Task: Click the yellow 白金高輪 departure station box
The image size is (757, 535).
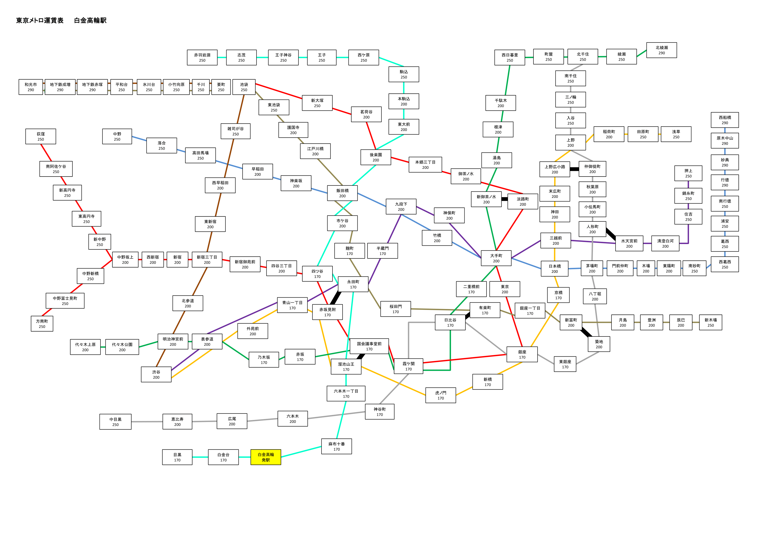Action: (x=266, y=457)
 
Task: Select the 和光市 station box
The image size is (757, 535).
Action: (x=31, y=87)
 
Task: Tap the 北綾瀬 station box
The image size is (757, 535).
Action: (x=661, y=50)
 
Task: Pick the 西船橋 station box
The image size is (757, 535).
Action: (x=725, y=120)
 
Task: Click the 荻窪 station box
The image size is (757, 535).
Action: (x=41, y=137)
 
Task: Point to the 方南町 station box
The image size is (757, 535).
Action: (x=42, y=324)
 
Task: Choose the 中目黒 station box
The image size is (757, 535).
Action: (x=115, y=422)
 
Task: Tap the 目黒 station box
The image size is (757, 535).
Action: (x=177, y=457)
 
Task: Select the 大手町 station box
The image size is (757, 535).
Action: (x=496, y=258)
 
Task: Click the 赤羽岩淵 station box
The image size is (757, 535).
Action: (x=202, y=58)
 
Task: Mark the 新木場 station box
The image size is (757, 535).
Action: (x=711, y=322)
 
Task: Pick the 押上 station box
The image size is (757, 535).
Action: (x=688, y=173)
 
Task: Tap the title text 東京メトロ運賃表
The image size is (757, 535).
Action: (x=40, y=20)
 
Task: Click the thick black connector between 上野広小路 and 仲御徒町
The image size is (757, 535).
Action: (x=574, y=169)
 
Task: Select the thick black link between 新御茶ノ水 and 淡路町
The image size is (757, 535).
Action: (x=504, y=199)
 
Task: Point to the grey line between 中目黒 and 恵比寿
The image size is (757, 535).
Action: (x=147, y=422)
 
